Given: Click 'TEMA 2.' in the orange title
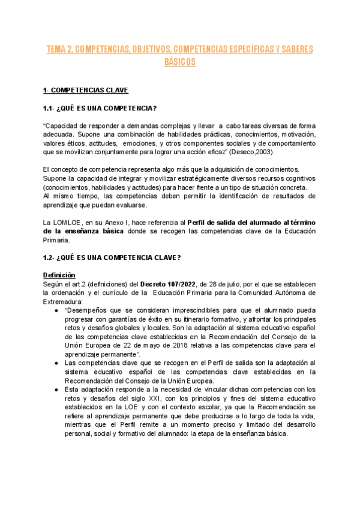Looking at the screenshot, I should [x=60, y=49].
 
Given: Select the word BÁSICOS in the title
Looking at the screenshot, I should [x=179, y=62].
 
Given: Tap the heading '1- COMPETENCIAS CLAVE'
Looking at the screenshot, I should [x=85, y=90].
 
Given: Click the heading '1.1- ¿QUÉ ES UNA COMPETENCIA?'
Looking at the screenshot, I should [x=100, y=108].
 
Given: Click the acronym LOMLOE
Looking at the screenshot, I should [x=70, y=223].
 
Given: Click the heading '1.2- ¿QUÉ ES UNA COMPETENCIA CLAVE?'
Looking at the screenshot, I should [x=112, y=258].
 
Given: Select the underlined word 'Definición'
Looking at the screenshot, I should [x=59, y=275].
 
